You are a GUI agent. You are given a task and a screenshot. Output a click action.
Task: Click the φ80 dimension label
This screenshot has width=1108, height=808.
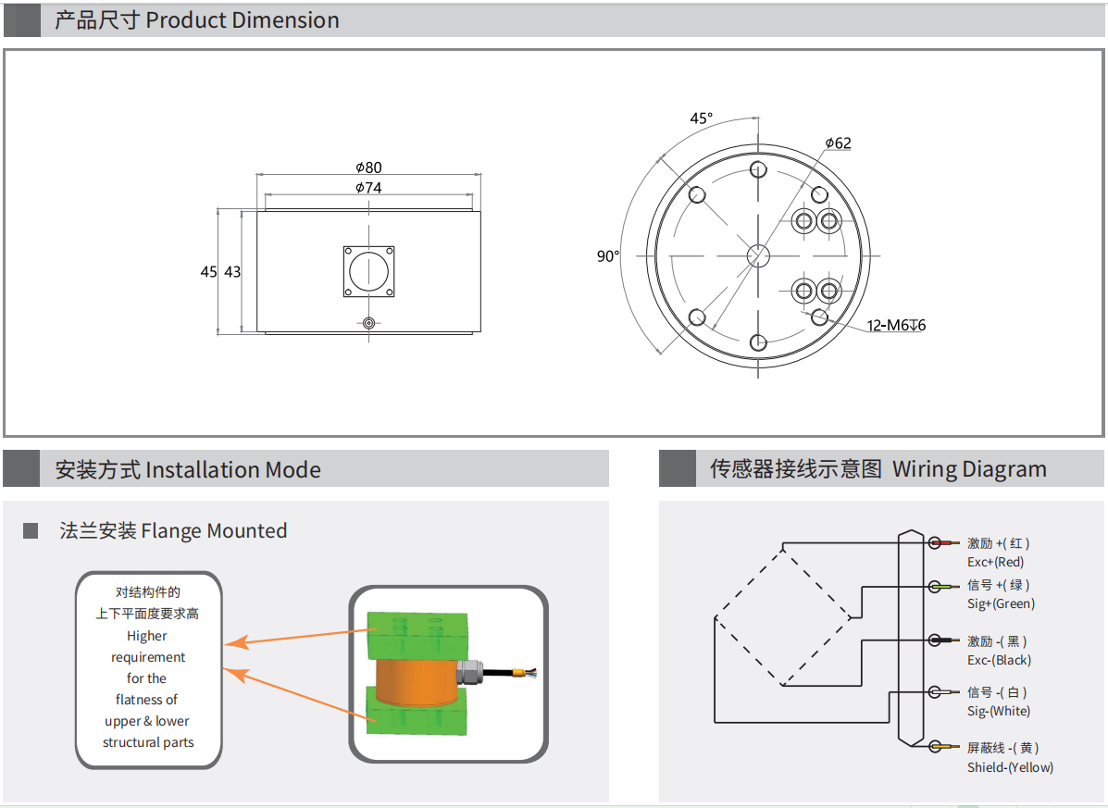click(368, 168)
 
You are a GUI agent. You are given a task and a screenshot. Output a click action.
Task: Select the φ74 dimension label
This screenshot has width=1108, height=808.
click(368, 188)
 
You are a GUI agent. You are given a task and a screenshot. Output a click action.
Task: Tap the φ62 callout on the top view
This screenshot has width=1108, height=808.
click(838, 143)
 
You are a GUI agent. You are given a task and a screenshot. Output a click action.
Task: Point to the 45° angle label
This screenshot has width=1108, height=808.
click(702, 118)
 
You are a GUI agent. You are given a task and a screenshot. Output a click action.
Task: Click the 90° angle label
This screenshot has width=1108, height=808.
click(607, 256)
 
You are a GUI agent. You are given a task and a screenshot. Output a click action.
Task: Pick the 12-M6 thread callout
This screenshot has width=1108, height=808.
click(896, 325)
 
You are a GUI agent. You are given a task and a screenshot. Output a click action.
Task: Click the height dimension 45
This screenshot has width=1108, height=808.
click(208, 272)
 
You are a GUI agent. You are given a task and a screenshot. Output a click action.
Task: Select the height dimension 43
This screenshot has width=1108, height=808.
click(231, 272)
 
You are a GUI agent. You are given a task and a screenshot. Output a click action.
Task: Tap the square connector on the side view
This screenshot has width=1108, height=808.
click(368, 271)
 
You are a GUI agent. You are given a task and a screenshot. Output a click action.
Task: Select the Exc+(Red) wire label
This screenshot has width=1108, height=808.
click(996, 562)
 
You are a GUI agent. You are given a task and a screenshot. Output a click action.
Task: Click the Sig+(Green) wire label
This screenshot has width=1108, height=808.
click(1001, 603)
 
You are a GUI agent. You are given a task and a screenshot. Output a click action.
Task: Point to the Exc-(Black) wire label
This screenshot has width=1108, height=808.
click(999, 660)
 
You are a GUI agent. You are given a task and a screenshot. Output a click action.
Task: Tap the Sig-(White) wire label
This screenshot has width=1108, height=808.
click(999, 711)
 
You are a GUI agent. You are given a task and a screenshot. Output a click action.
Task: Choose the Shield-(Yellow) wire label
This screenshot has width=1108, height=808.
click(1010, 767)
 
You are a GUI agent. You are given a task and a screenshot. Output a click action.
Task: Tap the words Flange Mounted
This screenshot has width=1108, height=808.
click(214, 531)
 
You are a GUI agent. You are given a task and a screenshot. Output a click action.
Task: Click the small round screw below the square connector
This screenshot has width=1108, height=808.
click(368, 323)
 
